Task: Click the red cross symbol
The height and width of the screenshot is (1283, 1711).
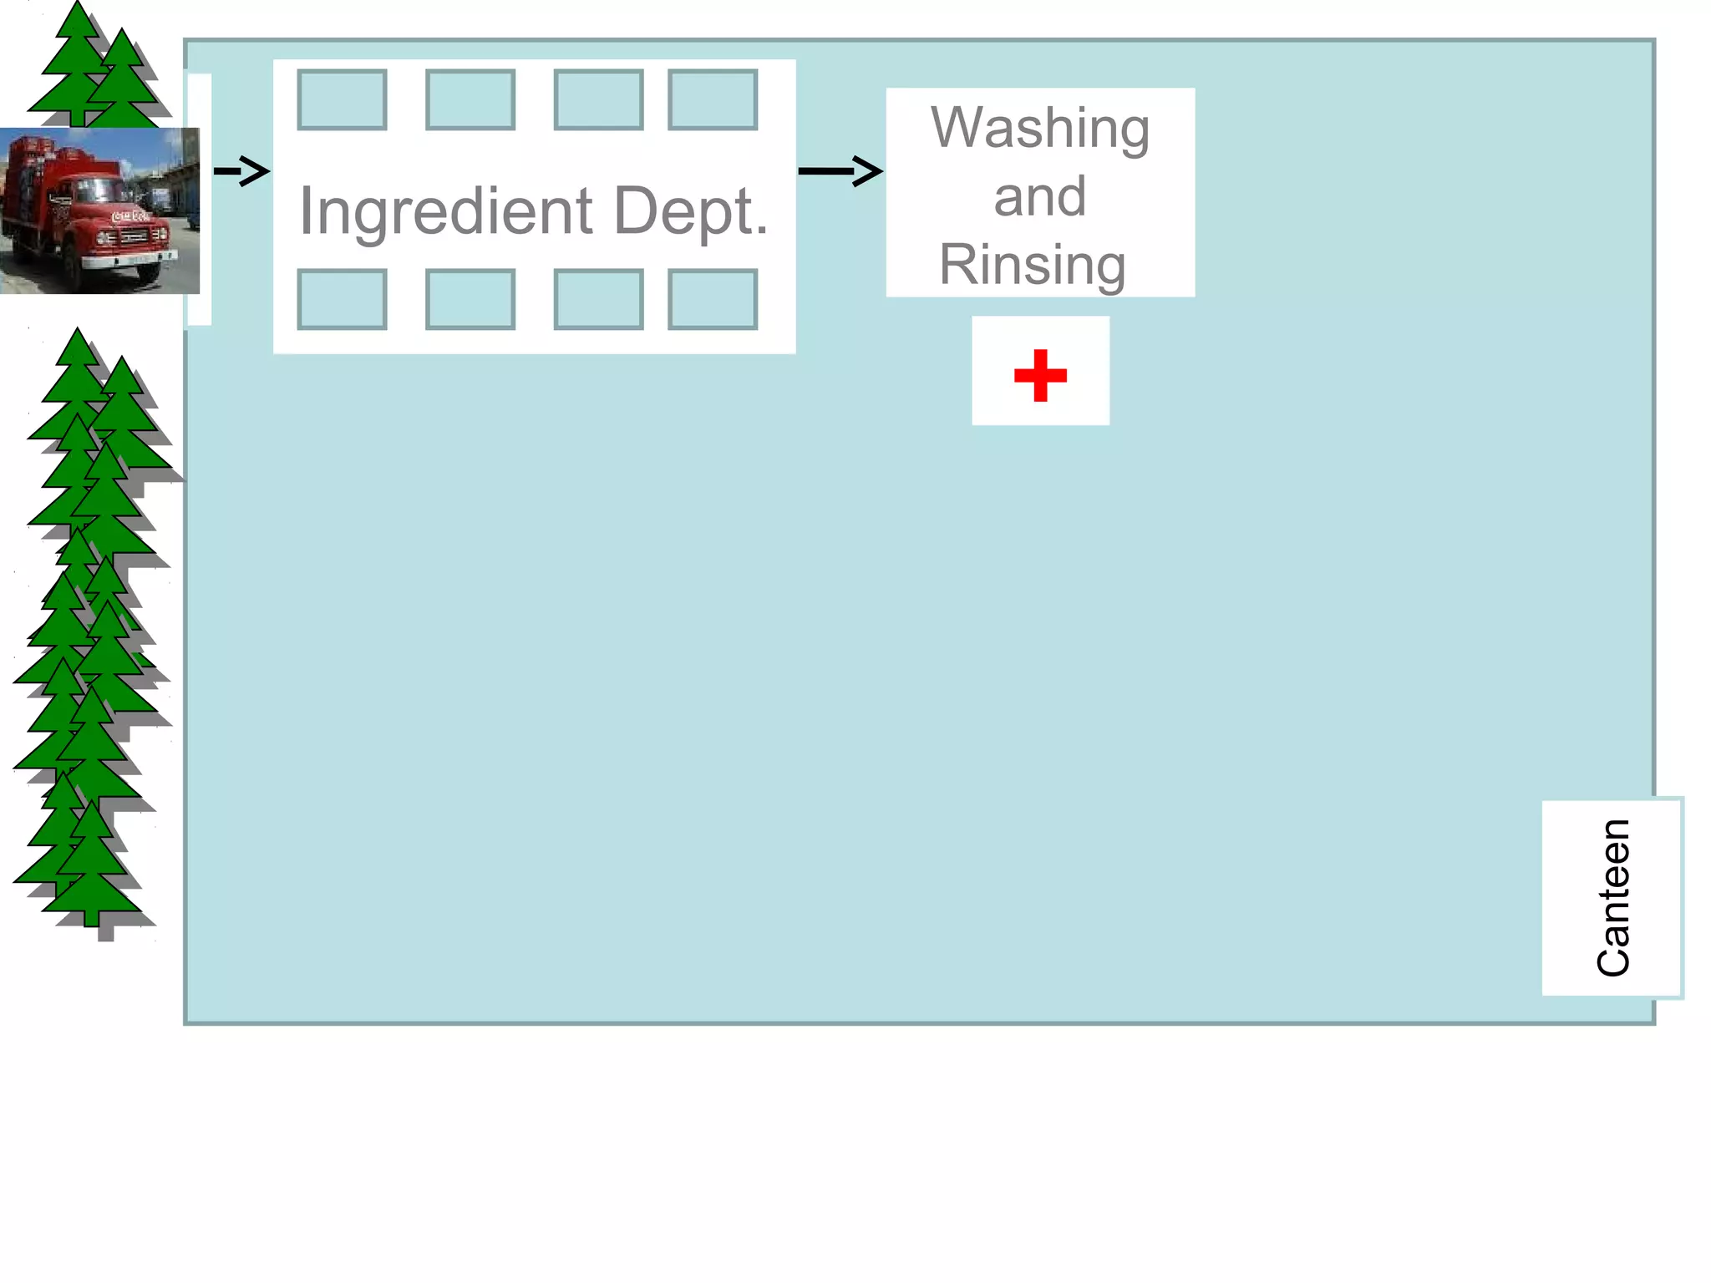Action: click(x=1040, y=375)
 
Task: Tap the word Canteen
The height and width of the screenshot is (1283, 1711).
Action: click(x=1612, y=897)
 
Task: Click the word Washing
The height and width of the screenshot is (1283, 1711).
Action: click(x=1040, y=129)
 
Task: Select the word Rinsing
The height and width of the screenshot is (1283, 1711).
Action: click(x=1033, y=266)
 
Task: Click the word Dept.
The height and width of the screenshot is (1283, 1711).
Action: click(x=690, y=212)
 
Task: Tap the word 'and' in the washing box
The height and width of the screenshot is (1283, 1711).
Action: click(x=1040, y=197)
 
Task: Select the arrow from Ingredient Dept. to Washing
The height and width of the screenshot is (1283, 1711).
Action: click(x=840, y=171)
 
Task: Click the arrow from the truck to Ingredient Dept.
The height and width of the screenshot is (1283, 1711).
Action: click(x=242, y=171)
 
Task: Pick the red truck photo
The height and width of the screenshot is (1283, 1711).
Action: click(x=99, y=210)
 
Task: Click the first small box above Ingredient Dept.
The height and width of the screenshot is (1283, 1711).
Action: click(x=342, y=100)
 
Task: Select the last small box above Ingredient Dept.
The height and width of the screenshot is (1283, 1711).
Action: click(x=713, y=100)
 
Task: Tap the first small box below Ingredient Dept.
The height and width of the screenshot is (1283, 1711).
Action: click(x=342, y=299)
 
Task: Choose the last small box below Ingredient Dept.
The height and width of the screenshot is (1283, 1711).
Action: click(x=713, y=299)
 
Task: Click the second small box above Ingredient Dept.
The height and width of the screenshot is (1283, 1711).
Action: click(x=470, y=100)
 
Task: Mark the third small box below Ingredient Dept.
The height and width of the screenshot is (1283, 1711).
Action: click(x=598, y=299)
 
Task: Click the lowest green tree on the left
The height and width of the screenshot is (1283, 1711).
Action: click(x=91, y=869)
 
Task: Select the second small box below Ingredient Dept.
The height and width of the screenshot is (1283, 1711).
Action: click(x=470, y=299)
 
